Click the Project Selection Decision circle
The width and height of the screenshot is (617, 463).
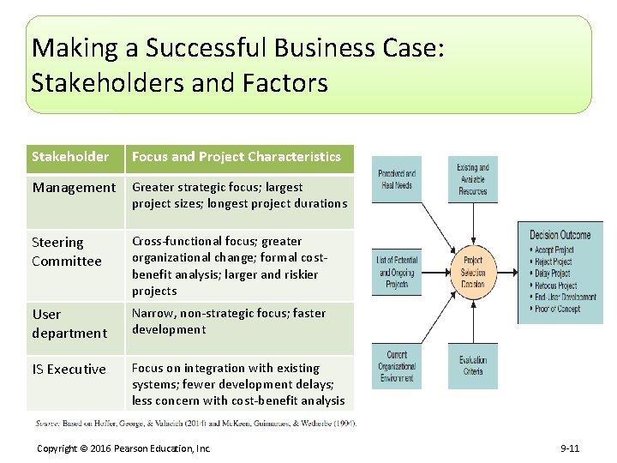point(472,272)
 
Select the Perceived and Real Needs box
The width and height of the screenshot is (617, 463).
point(396,179)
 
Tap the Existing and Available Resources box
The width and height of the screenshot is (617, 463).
point(472,179)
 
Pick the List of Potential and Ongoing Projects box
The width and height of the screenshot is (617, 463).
point(396,272)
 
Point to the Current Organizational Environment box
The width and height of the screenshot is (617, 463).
point(396,365)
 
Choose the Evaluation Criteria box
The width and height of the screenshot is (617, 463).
point(472,365)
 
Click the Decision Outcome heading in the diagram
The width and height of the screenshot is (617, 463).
point(560,235)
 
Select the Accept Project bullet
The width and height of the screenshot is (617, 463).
point(554,250)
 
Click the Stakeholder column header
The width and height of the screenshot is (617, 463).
point(70,157)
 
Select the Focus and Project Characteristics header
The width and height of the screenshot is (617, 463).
point(237,157)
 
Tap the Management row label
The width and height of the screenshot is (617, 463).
point(74,187)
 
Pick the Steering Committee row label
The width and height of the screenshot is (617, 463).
point(67,252)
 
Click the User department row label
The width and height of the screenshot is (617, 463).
point(69,324)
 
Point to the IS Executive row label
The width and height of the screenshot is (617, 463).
point(69,370)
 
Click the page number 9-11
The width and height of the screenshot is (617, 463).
point(570,448)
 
